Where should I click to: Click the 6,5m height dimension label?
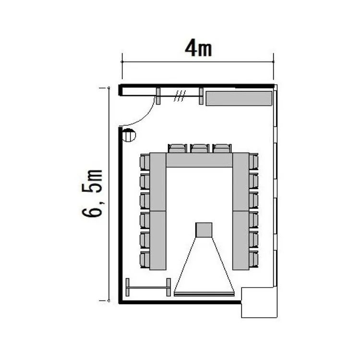pos(92,193)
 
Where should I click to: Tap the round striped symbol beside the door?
pos(129,135)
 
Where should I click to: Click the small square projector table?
pos(204,230)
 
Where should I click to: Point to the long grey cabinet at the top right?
pos(239,98)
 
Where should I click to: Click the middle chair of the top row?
pos(199,148)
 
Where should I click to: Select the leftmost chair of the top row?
pos(177,148)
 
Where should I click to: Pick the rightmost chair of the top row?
pos(222,148)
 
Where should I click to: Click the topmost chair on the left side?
pos(145,162)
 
